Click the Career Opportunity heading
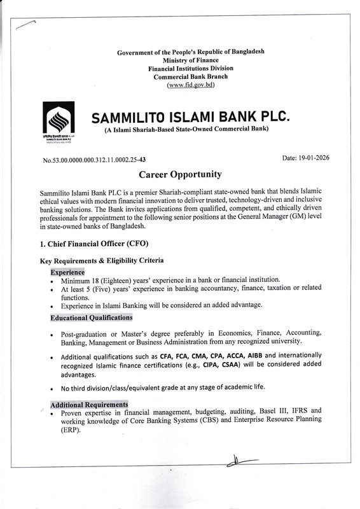click(x=180, y=174)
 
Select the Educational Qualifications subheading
click(x=91, y=317)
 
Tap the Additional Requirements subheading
click(x=89, y=405)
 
